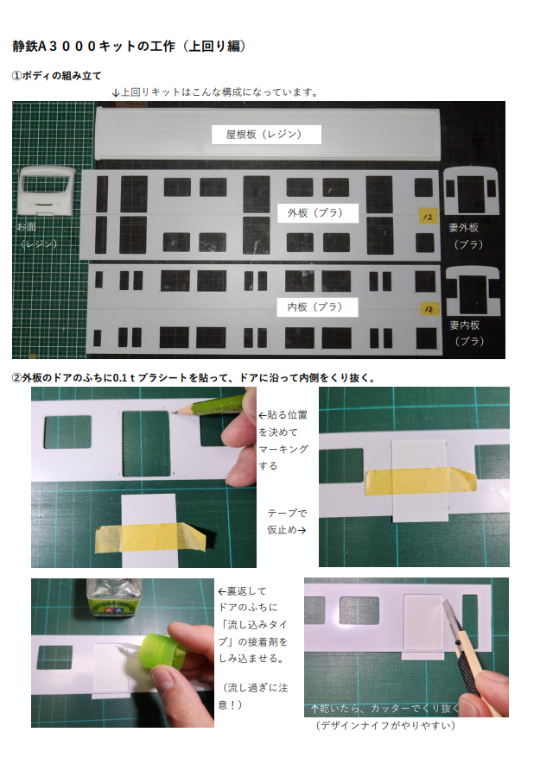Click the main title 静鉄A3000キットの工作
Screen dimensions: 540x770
93,46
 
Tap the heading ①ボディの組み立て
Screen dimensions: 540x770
56,76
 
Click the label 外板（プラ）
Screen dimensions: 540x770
315,213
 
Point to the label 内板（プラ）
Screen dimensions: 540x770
315,307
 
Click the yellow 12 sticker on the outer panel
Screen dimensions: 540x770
428,217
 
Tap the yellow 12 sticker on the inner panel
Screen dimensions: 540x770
429,309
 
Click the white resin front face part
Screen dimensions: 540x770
46,191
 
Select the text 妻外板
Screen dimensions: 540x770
463,228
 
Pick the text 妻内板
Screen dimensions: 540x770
464,325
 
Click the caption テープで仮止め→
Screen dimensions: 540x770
287,521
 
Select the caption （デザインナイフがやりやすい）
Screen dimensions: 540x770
385,725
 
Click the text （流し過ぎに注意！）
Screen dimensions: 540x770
253,697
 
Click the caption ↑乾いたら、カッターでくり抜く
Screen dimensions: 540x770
384,709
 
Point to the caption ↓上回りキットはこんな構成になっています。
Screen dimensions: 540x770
216,92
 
